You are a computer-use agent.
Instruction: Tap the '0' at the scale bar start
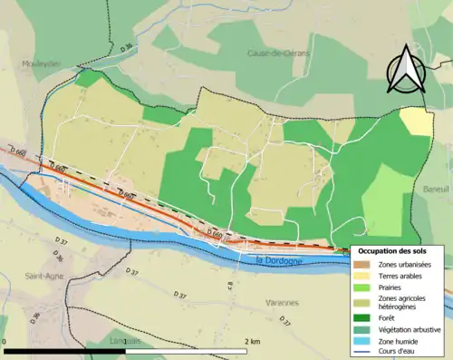click(x=5, y=341)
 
